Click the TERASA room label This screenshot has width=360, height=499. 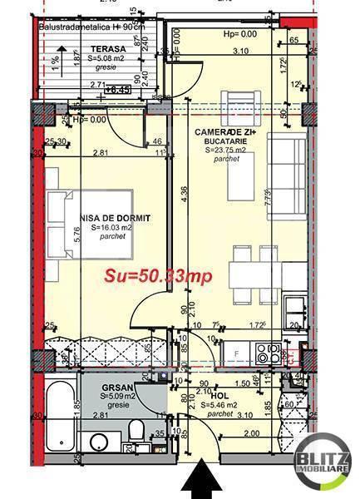[x=108, y=49]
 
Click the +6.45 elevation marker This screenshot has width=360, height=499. [x=121, y=87]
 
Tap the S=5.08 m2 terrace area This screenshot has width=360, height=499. [x=108, y=58]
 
